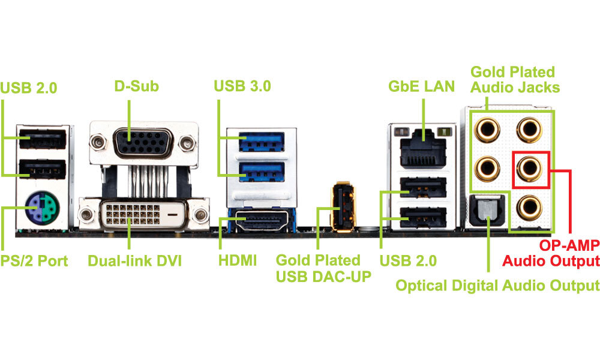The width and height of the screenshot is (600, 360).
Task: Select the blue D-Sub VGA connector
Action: click(143, 142)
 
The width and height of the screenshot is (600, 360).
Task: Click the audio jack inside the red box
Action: click(531, 169)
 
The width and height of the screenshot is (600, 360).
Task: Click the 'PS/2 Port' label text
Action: click(35, 261)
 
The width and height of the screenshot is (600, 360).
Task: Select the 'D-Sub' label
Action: click(136, 86)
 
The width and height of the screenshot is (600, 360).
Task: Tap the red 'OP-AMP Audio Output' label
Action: click(551, 253)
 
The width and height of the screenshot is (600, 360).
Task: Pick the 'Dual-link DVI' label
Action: click(134, 261)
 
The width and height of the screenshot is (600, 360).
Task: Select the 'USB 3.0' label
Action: click(242, 86)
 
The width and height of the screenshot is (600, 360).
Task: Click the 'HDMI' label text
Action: click(238, 261)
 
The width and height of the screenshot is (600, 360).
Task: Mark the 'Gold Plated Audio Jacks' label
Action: click(515, 79)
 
